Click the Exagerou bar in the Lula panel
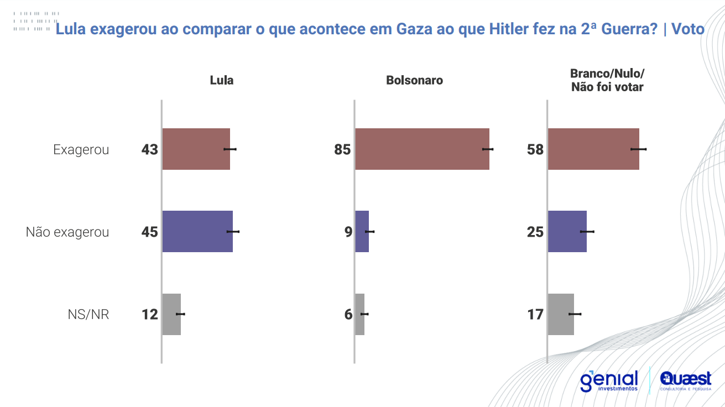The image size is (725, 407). click(x=196, y=149)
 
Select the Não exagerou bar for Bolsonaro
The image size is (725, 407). click(x=362, y=232)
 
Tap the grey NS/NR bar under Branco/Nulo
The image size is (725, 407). click(x=561, y=314)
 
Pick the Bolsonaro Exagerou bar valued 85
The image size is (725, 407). click(x=422, y=149)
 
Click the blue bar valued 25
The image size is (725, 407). click(x=567, y=232)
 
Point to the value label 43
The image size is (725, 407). click(x=149, y=150)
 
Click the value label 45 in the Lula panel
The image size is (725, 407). click(x=149, y=232)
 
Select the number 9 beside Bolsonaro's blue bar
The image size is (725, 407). click(x=348, y=232)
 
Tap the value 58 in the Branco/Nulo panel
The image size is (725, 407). click(x=535, y=150)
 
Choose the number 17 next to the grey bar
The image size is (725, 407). click(x=535, y=315)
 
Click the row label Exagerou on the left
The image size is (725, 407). click(x=81, y=150)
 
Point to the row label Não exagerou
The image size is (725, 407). click(x=67, y=232)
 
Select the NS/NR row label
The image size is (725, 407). click(x=88, y=315)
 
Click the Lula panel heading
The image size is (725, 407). click(x=222, y=80)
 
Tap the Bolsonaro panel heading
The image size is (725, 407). click(x=414, y=80)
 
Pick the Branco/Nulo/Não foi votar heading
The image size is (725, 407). click(x=607, y=80)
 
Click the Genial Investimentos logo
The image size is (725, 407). click(x=609, y=380)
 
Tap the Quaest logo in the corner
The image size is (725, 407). click(x=686, y=380)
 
